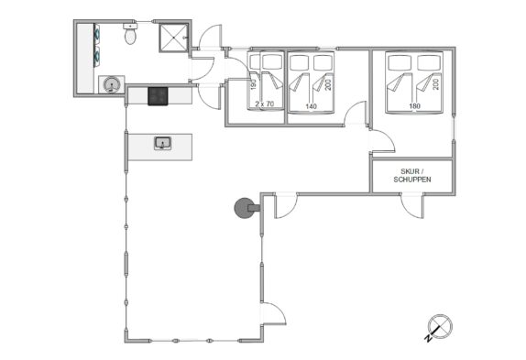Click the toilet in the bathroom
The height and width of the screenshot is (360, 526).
pyautogui.click(x=130, y=34)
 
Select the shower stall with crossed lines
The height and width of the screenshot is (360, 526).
pyautogui.click(x=173, y=38)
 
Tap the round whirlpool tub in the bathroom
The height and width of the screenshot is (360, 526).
pyautogui.click(x=112, y=84)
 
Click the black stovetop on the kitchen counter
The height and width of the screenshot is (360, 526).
pyautogui.click(x=158, y=96)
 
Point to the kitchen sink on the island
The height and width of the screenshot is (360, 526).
pyautogui.click(x=163, y=143)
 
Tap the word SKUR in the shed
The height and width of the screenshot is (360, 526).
pyautogui.click(x=410, y=171)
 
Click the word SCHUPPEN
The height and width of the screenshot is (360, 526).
pyautogui.click(x=412, y=180)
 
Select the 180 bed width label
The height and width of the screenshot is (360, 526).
pyautogui.click(x=414, y=106)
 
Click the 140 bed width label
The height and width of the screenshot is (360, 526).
pyautogui.click(x=311, y=106)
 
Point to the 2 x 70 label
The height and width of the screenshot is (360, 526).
pyautogui.click(x=264, y=104)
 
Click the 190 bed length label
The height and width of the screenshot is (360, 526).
pyautogui.click(x=254, y=84)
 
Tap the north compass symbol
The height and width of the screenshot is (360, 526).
pyautogui.click(x=440, y=326)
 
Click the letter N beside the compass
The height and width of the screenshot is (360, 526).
pyautogui.click(x=428, y=339)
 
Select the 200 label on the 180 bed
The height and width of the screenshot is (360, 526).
pyautogui.click(x=435, y=84)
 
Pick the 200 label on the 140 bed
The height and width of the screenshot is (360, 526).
pyautogui.click(x=328, y=84)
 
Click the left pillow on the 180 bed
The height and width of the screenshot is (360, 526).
pyautogui.click(x=400, y=62)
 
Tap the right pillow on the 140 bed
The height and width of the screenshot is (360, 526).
pyautogui.click(x=323, y=62)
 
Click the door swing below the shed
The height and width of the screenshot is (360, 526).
pyautogui.click(x=412, y=206)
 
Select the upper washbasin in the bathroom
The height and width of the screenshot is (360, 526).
pyautogui.click(x=97, y=32)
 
